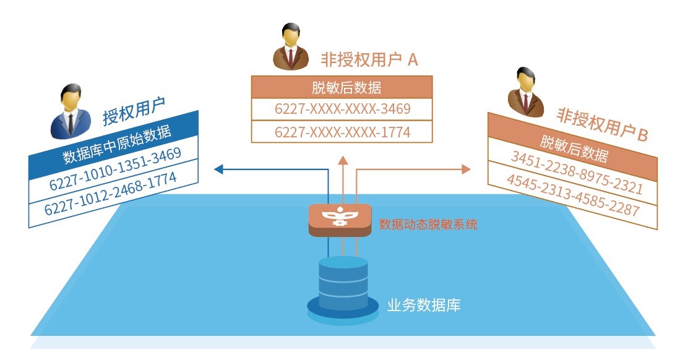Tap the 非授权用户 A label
pyautogui.click(x=369, y=59)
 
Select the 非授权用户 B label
pyautogui.click(x=601, y=124)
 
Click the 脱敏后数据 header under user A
pyautogui.click(x=342, y=87)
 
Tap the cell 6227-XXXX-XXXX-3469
pyautogui.click(x=342, y=109)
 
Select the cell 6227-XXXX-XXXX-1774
pyautogui.click(x=342, y=132)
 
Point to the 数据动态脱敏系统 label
pyautogui.click(x=428, y=224)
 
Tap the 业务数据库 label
pyautogui.click(x=423, y=305)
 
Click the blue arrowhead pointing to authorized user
pyautogui.click(x=218, y=168)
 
